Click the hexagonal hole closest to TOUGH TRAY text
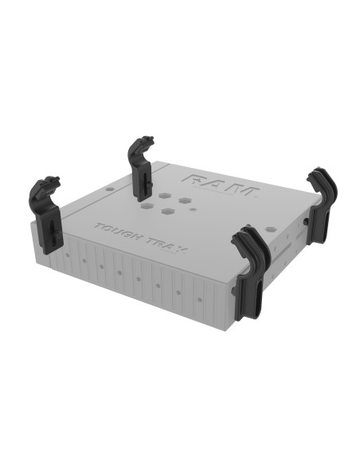[169, 212]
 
